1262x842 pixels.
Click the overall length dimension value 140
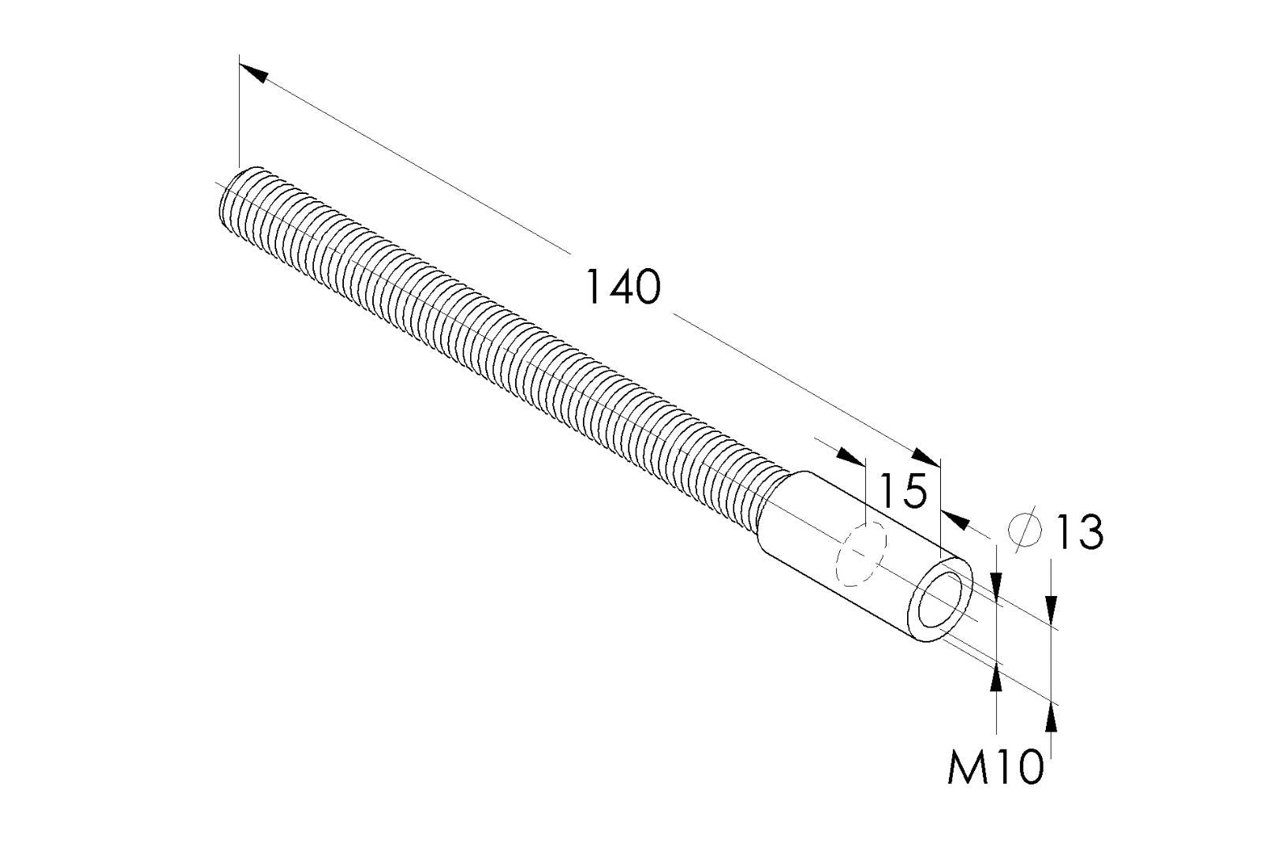[622, 287]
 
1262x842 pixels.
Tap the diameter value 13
[1078, 532]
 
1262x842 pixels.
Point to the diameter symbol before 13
[1026, 529]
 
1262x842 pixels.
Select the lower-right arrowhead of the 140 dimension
[927, 457]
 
